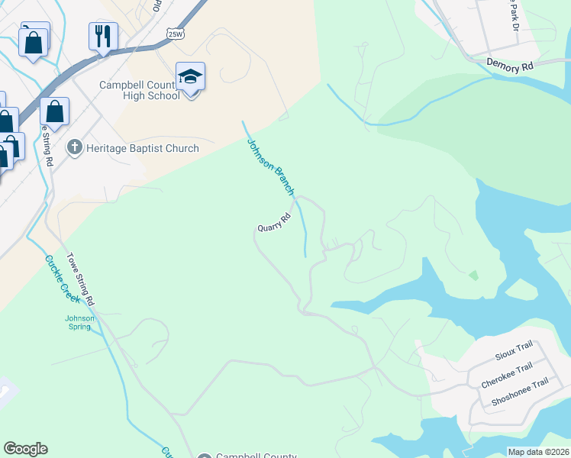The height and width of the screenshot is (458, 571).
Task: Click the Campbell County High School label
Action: (140, 90)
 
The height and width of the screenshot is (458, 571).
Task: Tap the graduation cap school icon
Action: (190, 76)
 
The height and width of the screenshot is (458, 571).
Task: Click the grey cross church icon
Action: (74, 148)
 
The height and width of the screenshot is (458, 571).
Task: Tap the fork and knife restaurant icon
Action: (103, 35)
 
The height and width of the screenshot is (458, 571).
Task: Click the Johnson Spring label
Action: (79, 322)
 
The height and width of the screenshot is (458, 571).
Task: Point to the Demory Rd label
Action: (509, 67)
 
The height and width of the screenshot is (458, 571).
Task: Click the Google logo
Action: (25, 449)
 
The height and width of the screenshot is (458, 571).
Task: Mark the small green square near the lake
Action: (474, 275)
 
